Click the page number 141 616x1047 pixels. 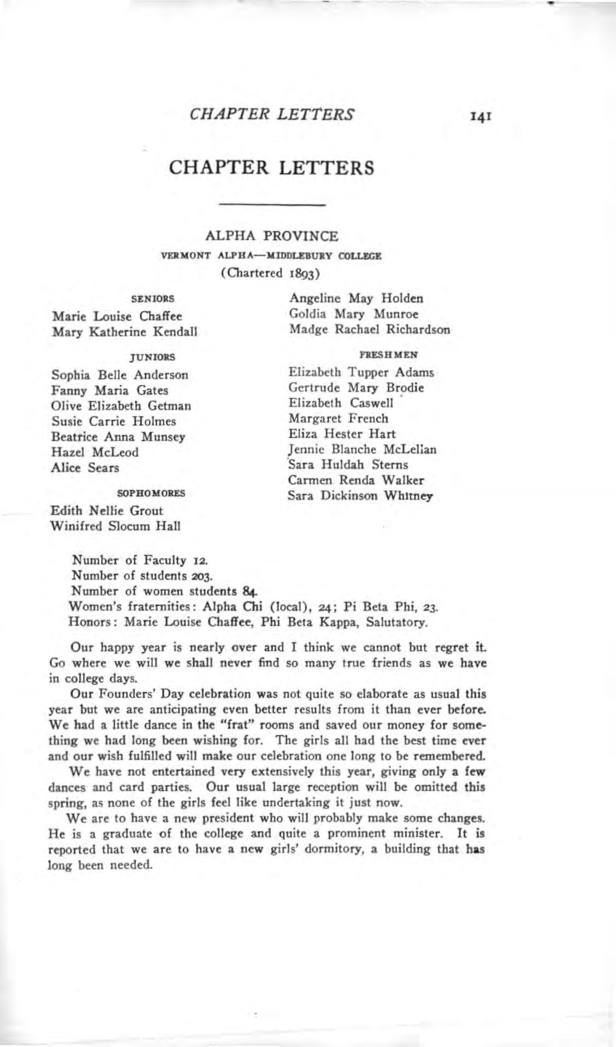tap(485, 116)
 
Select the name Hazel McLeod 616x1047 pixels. tap(95, 452)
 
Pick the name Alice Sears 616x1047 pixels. tap(85, 468)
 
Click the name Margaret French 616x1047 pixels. tap(339, 419)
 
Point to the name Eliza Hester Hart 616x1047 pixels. tap(342, 434)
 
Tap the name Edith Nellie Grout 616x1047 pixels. tap(106, 511)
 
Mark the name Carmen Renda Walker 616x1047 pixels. tap(356, 480)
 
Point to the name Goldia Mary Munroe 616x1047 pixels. tap(354, 314)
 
